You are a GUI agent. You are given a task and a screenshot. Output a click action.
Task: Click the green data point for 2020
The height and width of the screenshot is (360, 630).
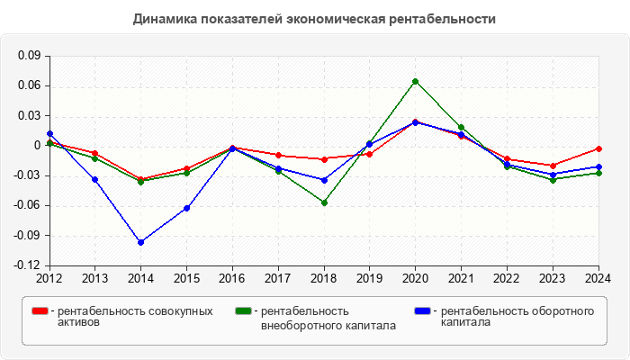tap(416, 82)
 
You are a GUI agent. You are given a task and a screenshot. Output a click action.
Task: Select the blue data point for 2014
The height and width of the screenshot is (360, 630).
tap(141, 242)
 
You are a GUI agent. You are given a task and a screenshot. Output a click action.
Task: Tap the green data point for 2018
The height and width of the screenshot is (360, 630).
tap(324, 202)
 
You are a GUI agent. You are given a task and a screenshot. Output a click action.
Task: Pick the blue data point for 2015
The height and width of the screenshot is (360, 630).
tap(187, 208)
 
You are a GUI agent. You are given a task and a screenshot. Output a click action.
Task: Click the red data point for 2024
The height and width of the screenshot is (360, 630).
tap(598, 148)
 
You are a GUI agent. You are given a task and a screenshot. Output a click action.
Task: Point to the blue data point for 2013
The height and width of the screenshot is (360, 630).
tap(95, 179)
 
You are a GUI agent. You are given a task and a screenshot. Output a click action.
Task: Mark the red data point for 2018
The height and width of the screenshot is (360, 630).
tap(324, 159)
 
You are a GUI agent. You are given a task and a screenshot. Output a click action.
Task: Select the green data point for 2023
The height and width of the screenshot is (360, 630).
tap(553, 179)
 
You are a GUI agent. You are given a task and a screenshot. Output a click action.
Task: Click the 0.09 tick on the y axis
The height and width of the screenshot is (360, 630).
tap(29, 56)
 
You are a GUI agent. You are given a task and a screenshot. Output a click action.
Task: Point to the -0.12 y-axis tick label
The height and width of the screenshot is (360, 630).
tap(27, 265)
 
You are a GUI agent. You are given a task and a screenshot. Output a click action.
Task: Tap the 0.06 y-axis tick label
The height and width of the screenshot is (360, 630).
tap(29, 85)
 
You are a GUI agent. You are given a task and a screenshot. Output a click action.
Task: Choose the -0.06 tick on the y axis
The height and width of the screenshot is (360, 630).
tap(27, 205)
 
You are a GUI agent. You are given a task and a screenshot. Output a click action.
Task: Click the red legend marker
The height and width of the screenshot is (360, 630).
tap(40, 311)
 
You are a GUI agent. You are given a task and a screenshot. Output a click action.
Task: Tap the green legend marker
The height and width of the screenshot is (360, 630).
tap(242, 311)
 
